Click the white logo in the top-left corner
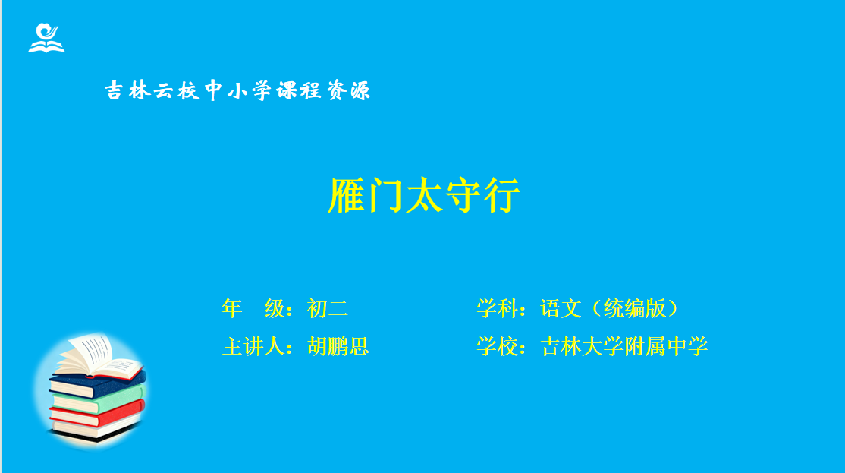[46, 38]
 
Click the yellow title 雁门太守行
[423, 195]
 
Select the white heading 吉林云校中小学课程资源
[237, 90]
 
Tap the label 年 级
[253, 308]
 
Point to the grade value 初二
[328, 308]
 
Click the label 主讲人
[253, 346]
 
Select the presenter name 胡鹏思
[338, 346]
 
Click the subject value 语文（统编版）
[609, 308]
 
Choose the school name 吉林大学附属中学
[624, 346]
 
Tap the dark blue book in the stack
[97, 384]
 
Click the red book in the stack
[97, 415]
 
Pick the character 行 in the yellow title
[501, 195]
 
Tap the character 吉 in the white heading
[115, 90]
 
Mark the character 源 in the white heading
[360, 90]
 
